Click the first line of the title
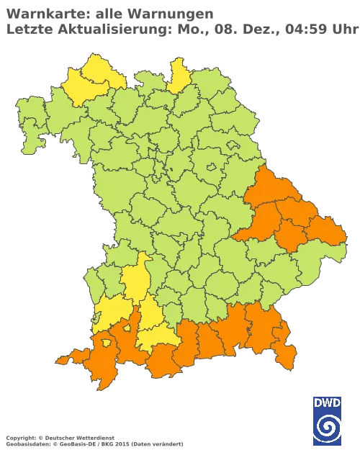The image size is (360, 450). (x=108, y=12)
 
